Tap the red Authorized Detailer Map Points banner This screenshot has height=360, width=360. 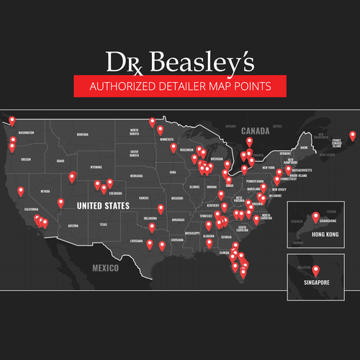180,86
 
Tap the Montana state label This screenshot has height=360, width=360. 82,135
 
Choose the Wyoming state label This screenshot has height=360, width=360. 96,167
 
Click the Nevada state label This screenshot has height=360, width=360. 45,192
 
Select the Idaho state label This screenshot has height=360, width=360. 60,161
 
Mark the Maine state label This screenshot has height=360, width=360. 304,147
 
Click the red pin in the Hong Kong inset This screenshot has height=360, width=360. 315,217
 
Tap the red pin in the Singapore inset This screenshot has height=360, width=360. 315,271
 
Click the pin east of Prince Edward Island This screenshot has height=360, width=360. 352,135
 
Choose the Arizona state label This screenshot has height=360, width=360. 73,225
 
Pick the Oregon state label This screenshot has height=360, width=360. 27,159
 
